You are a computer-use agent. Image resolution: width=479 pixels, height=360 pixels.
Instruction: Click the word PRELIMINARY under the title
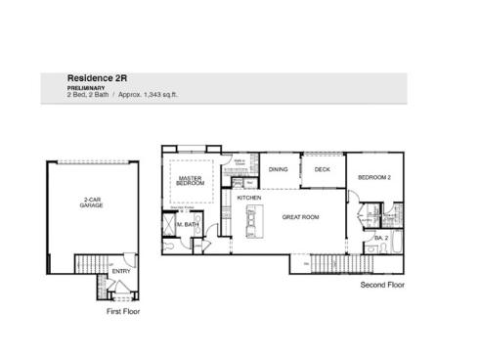tap(85, 87)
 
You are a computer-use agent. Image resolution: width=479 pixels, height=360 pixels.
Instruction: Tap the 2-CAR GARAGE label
tap(93, 204)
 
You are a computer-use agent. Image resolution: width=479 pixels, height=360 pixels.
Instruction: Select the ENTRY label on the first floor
tap(120, 285)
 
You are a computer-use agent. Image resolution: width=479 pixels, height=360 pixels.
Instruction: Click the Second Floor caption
tap(382, 285)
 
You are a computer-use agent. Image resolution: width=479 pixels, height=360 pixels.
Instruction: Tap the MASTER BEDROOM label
tap(191, 181)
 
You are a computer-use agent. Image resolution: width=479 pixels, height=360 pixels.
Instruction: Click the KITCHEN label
tap(249, 199)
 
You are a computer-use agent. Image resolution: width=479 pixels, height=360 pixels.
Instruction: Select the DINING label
tap(279, 170)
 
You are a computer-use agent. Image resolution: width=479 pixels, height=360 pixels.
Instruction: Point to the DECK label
tap(322, 170)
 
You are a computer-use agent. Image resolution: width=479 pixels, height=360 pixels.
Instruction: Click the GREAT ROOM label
tap(302, 217)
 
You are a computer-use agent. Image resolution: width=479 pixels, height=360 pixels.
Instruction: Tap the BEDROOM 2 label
tap(374, 177)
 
